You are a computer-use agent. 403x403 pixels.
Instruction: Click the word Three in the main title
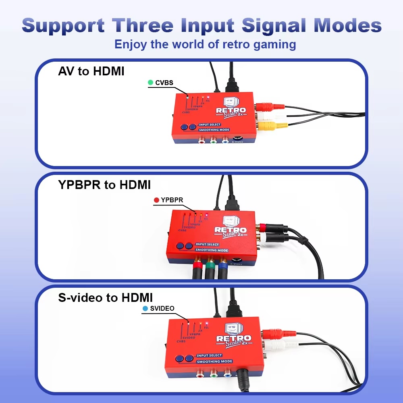(143, 25)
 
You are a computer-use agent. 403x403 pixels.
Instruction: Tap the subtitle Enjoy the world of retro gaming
(205, 44)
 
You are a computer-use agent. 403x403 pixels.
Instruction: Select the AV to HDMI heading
(91, 71)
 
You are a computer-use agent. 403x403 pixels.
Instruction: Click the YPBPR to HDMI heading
(104, 185)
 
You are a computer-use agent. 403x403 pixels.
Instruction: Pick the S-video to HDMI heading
(106, 298)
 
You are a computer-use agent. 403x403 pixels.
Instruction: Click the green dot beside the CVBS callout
(151, 83)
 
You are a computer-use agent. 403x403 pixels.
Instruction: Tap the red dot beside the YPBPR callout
(157, 199)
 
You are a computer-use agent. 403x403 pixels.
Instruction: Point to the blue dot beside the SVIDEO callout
(145, 309)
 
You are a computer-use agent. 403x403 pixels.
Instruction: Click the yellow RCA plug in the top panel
(268, 126)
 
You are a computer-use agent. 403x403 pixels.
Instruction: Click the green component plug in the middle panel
(210, 268)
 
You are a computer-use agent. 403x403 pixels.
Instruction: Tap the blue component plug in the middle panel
(222, 268)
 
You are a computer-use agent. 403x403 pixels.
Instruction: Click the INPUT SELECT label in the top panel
(210, 125)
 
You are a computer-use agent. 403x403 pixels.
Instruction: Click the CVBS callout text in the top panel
(164, 83)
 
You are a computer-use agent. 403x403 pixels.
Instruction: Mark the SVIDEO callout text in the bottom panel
(162, 309)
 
